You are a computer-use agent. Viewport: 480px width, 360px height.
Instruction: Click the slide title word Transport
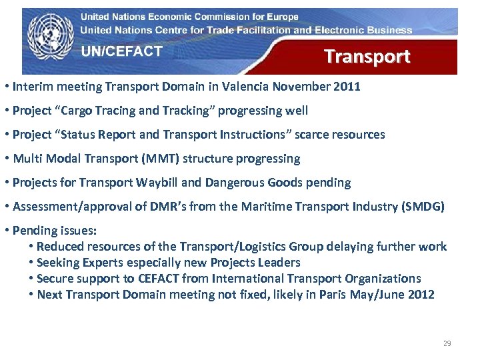coord(367,57)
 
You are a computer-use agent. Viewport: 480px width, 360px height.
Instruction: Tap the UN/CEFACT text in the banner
coord(121,51)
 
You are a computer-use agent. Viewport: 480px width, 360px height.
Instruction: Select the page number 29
coord(447,343)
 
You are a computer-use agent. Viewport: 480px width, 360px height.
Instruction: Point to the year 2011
coord(346,86)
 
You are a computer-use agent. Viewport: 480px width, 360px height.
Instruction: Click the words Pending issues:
coord(55,231)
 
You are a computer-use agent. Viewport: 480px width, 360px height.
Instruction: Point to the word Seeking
coord(60,263)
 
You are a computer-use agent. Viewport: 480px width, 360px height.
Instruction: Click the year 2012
coord(419,295)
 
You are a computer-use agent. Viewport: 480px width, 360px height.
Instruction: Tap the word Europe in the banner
coord(282,17)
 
